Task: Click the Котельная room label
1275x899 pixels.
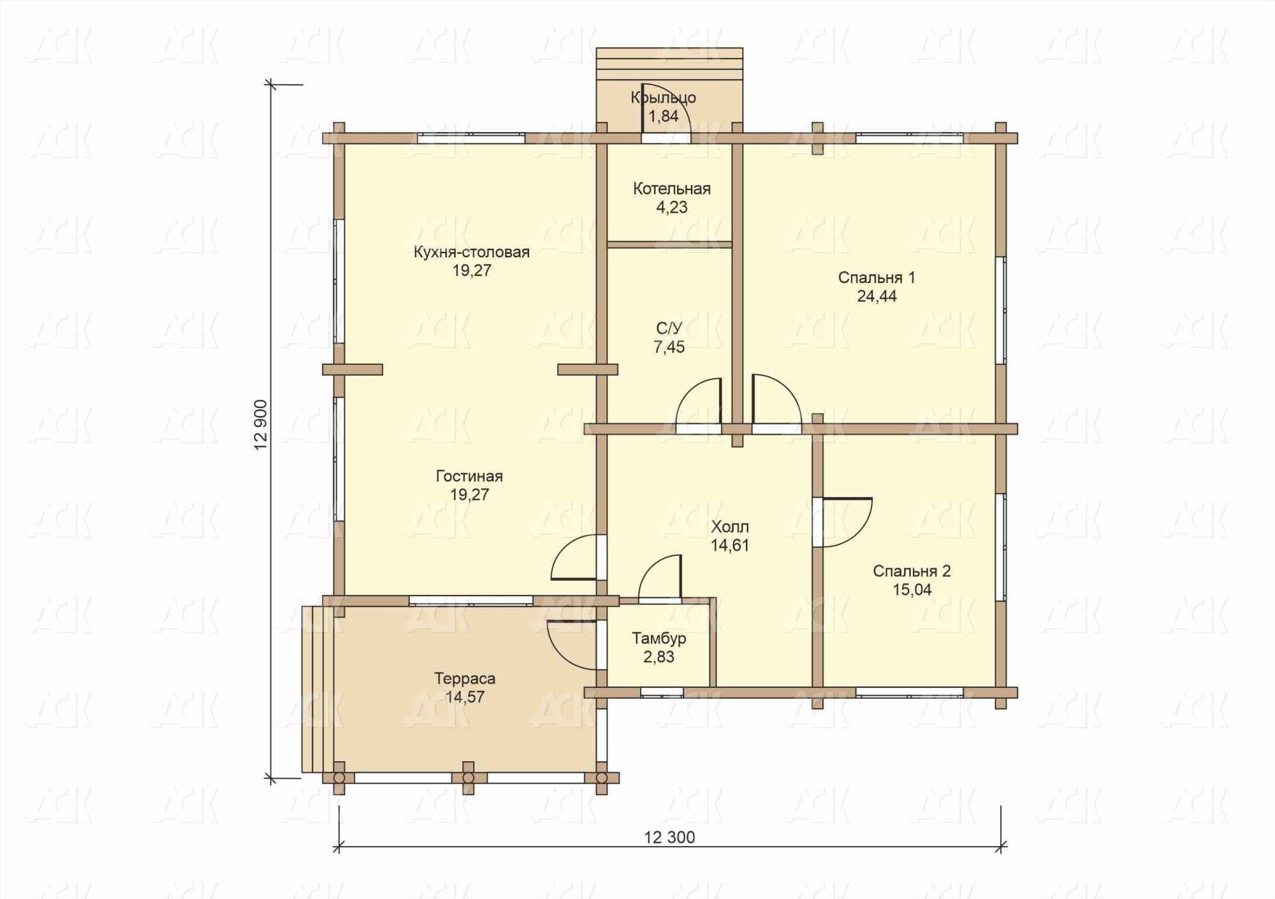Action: click(671, 189)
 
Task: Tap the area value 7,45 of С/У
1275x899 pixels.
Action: click(669, 347)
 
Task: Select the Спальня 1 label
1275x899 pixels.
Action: click(877, 278)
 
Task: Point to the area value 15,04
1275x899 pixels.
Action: click(912, 590)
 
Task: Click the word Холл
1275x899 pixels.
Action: click(730, 527)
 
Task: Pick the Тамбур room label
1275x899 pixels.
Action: click(659, 638)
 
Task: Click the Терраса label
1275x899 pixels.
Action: click(465, 678)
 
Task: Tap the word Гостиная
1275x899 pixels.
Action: click(469, 476)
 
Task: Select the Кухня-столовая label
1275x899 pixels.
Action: click(472, 252)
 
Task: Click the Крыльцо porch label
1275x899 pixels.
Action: click(663, 98)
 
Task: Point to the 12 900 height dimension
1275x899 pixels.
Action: click(261, 425)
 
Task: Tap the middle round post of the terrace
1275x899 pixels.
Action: click(469, 778)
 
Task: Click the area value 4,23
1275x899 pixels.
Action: click(672, 207)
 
